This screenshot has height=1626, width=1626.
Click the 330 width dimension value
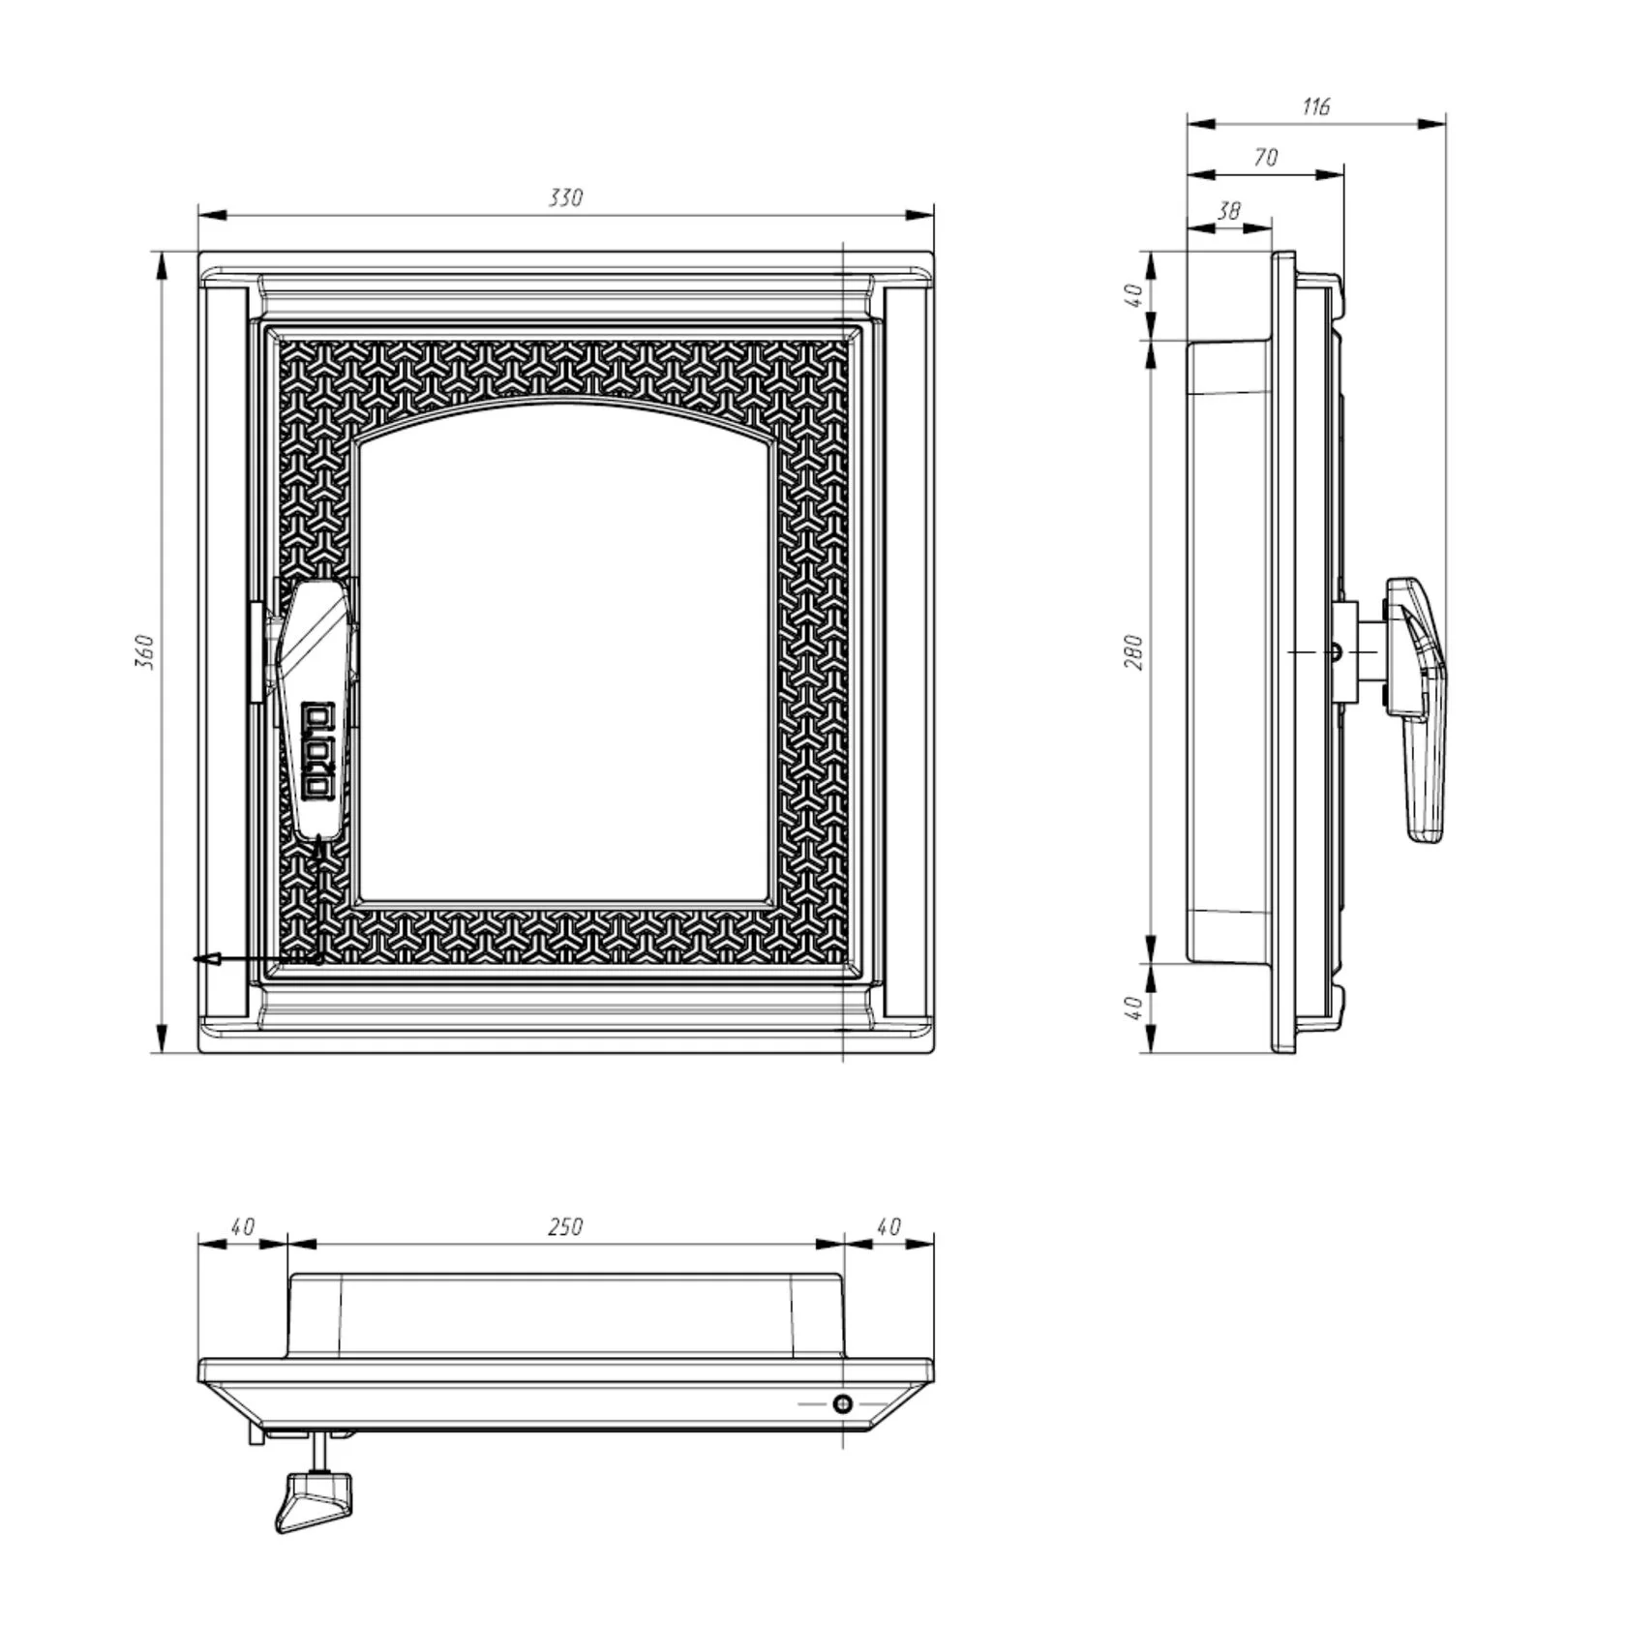(x=566, y=198)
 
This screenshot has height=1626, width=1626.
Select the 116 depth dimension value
(x=1316, y=106)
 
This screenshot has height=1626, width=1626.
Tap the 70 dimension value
(x=1266, y=158)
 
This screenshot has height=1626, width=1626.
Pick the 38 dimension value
(x=1229, y=211)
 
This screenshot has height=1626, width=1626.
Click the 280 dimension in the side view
(x=1135, y=652)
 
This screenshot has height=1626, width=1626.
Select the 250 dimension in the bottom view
(x=566, y=1226)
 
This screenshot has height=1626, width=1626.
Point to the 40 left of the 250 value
(x=242, y=1226)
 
